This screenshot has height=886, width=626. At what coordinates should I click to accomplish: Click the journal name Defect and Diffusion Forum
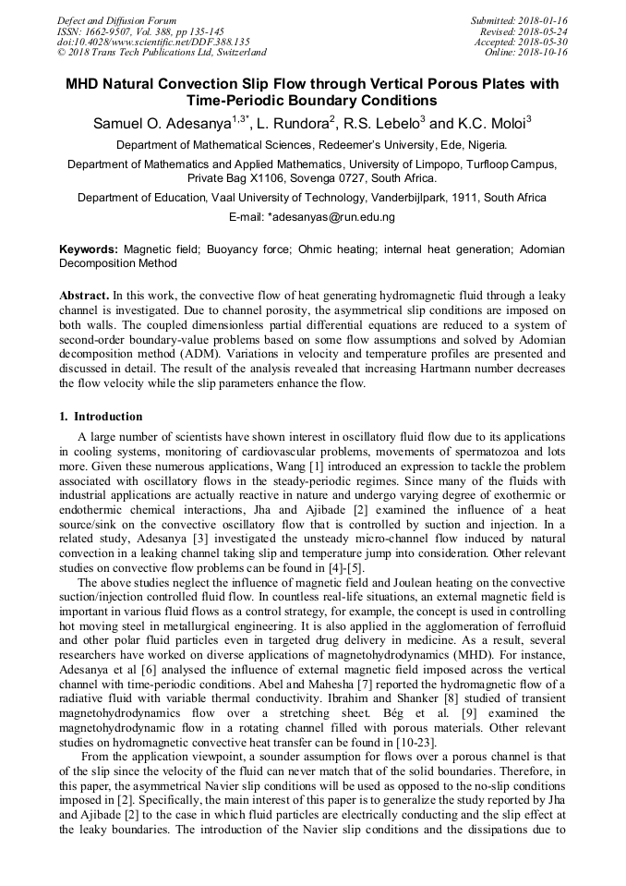click(x=116, y=20)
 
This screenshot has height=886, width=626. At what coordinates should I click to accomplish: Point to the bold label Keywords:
click(x=89, y=249)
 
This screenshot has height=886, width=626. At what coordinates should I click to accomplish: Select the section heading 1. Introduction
click(x=101, y=417)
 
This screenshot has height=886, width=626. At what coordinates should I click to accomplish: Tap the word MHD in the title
click(x=85, y=84)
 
